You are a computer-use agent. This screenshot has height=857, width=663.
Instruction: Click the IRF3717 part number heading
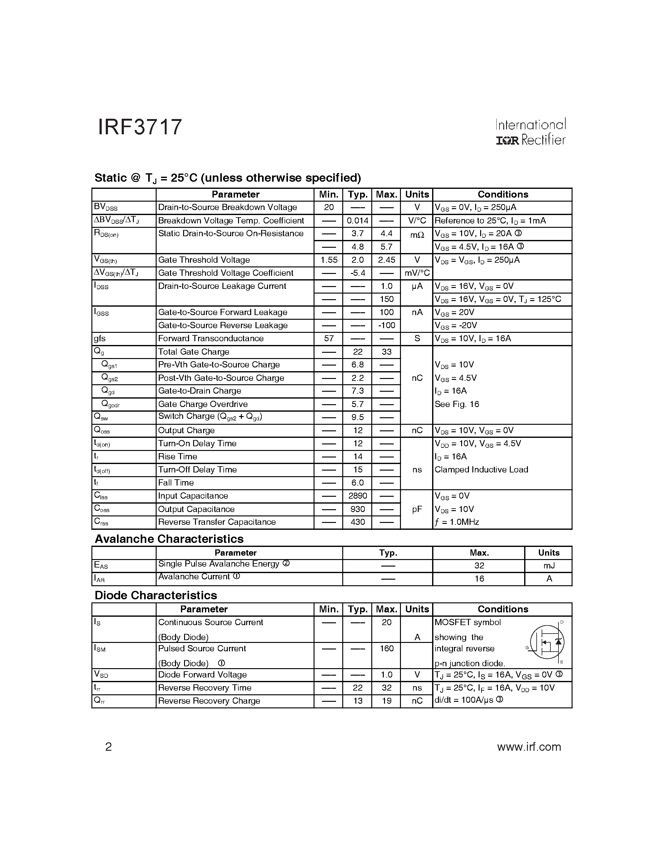(140, 127)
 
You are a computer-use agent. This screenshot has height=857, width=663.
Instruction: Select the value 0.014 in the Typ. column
(358, 221)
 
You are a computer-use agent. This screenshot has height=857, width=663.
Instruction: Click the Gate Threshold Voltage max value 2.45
(387, 260)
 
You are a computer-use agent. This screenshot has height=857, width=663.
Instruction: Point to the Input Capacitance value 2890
(358, 496)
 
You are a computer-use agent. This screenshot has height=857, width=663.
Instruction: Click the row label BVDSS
(106, 207)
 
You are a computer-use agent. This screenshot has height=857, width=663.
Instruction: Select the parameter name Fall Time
(176, 483)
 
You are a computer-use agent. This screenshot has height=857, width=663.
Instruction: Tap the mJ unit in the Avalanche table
(549, 566)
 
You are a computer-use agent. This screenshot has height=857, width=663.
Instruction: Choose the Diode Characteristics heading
(156, 596)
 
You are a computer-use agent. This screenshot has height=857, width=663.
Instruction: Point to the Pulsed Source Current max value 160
(387, 649)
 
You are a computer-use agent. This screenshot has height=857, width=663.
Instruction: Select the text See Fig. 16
(457, 404)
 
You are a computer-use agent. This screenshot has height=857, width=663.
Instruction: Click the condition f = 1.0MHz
(457, 522)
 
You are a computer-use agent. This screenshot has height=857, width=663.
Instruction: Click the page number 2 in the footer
(109, 747)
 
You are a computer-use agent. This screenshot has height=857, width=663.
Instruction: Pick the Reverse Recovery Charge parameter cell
(209, 701)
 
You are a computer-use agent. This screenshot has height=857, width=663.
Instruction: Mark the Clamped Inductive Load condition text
(481, 470)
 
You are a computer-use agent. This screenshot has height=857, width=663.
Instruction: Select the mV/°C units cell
(417, 273)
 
